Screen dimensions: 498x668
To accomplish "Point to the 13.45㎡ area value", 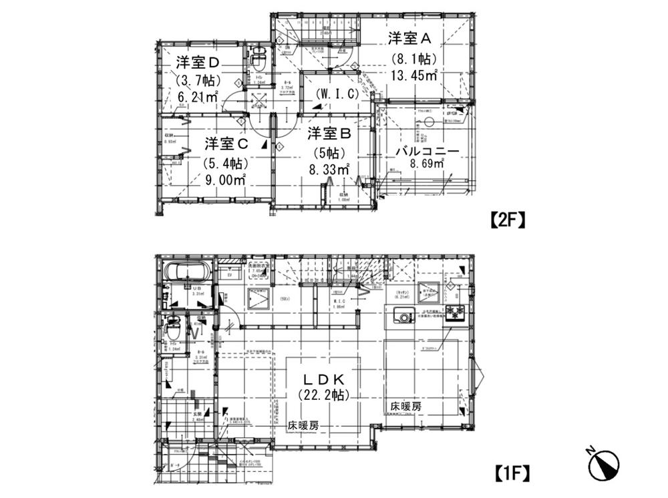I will pos(414,75).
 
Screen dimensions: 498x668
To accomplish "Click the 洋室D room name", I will pos(198,63).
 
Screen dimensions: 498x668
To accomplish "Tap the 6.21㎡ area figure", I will pos(198,97).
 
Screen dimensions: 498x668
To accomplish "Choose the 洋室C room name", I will pos(226,144).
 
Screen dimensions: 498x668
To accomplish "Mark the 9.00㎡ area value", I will pos(226,180).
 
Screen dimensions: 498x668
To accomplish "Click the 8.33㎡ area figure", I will pos(329,170).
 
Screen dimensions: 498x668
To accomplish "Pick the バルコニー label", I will pos(427,152).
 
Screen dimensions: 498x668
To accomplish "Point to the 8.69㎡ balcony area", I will pos(427,164).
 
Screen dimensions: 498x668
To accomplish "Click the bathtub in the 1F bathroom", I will pos(187,274).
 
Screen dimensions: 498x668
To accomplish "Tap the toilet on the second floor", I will pos(258,62).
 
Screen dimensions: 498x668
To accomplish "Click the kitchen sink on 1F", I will pos(403,316).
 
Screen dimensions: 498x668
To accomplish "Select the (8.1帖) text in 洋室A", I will pos(413,57).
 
